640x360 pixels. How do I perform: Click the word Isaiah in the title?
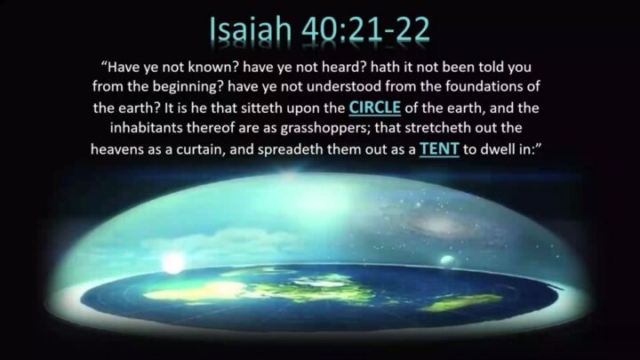pyautogui.click(x=251, y=30)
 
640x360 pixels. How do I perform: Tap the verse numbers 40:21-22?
pyautogui.click(x=365, y=30)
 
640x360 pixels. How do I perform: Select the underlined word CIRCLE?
pyautogui.click(x=375, y=108)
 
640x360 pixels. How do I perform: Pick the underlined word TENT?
pyautogui.click(x=439, y=149)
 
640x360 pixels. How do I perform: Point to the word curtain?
pyautogui.click(x=201, y=149)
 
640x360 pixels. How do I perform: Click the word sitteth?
pyautogui.click(x=261, y=108)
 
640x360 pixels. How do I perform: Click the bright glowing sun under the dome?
pyautogui.click(x=173, y=263)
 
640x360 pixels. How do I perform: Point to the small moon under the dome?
pyautogui.click(x=447, y=260)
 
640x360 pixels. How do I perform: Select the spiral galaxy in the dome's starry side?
pyautogui.click(x=441, y=224)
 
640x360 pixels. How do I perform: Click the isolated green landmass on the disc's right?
pyautogui.click(x=461, y=302)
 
